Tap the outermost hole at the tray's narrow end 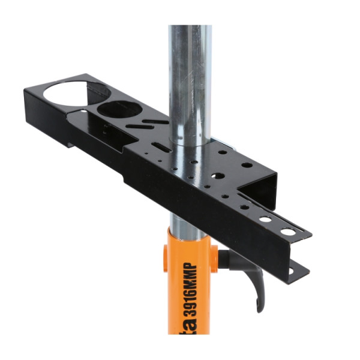(287, 231)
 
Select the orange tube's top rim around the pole (187, 235)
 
